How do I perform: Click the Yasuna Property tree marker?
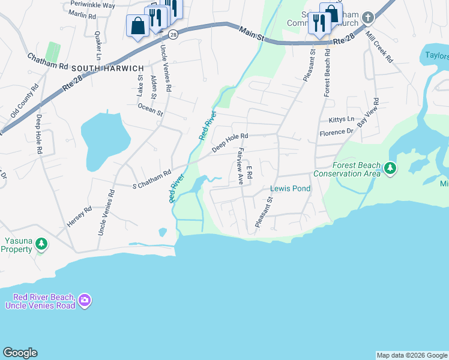41,244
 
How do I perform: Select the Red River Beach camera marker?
85,299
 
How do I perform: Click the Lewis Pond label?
290,188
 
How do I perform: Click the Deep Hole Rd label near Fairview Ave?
229,142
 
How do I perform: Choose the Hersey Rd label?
79,217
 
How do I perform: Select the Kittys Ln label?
342,120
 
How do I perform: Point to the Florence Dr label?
336,132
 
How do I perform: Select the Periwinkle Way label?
92,5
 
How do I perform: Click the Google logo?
20,353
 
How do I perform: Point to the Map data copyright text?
412,355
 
